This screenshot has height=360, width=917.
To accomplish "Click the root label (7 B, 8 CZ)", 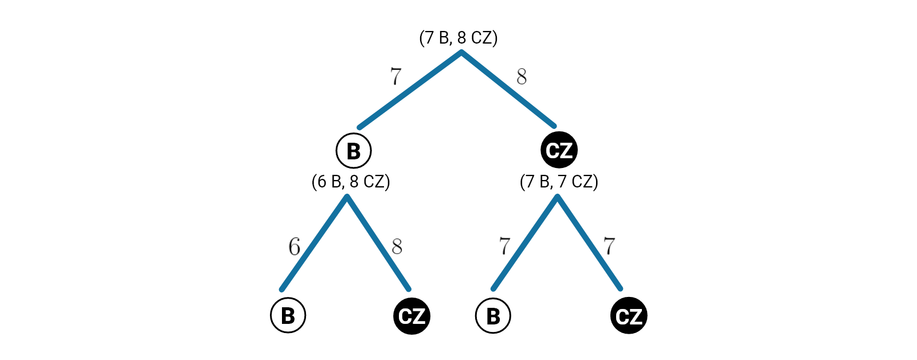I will point(458,38).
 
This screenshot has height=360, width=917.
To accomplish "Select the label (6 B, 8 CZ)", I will point(351,182).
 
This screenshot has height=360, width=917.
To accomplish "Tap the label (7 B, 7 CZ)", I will point(559,182).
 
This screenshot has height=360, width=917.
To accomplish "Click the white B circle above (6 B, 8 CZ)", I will point(354,151).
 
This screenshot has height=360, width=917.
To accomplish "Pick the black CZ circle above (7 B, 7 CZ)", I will point(559,150).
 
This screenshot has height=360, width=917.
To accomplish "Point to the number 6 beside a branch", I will point(294,247).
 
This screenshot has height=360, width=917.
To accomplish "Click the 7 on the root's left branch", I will point(396,76).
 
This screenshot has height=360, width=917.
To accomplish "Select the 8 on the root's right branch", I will point(522,77).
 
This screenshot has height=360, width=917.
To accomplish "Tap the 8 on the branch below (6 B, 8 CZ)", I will point(397,247).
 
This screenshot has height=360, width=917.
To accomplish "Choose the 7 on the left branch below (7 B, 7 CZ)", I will point(504,246).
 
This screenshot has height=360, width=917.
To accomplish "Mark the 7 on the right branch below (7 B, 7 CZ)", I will point(609,246).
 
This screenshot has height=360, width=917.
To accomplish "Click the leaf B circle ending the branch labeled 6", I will point(288,315).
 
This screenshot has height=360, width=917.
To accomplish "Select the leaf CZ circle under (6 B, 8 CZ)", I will point(412,316).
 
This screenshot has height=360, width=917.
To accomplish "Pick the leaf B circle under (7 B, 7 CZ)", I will point(493,316).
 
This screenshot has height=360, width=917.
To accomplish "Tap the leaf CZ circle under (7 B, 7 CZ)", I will point(629,316).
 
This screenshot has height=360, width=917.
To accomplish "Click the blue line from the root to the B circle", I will point(410,90).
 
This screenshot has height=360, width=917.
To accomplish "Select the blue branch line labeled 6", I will point(314,242).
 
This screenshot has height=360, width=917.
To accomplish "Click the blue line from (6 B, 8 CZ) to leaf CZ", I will point(378,242).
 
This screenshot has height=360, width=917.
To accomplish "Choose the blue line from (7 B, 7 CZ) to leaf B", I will point(525,242).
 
